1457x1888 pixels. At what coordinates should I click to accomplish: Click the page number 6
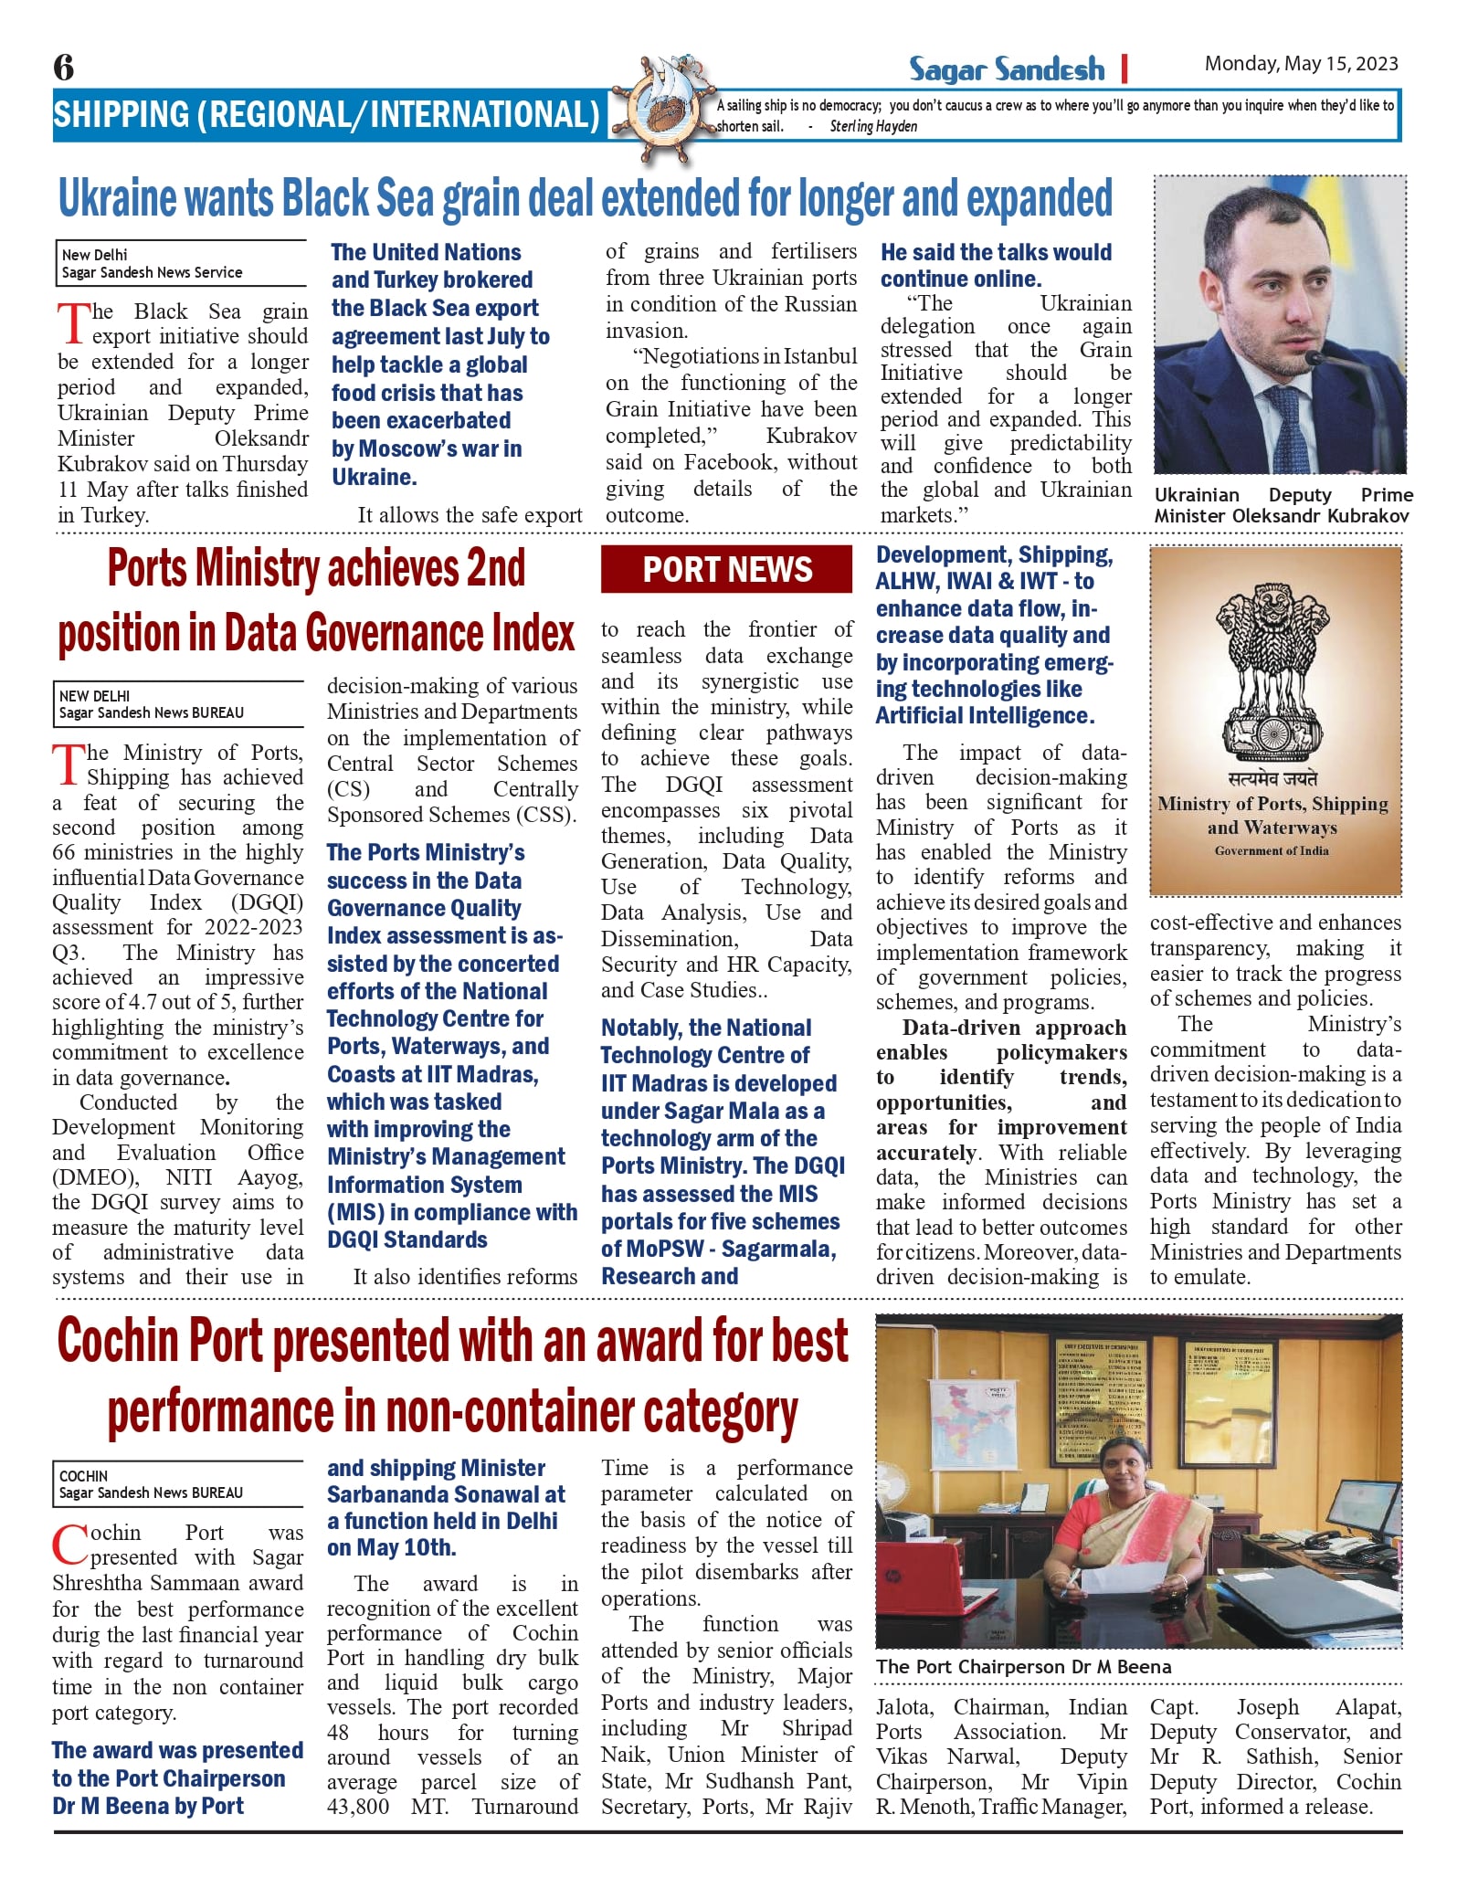point(63,67)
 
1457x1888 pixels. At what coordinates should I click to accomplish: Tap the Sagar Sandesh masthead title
point(1006,69)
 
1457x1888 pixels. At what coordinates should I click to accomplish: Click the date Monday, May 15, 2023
point(1301,63)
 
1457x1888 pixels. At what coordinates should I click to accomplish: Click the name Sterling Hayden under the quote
point(873,127)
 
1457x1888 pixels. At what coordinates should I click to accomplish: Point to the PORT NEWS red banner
point(726,569)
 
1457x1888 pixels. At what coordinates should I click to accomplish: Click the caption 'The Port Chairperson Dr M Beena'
point(1023,1667)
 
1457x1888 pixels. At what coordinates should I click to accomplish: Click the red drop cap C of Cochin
point(69,1545)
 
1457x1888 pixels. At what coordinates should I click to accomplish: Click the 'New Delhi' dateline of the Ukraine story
point(95,255)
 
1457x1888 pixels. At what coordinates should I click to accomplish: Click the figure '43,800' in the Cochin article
point(358,1807)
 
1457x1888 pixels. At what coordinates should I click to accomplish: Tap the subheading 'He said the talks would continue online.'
point(996,265)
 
